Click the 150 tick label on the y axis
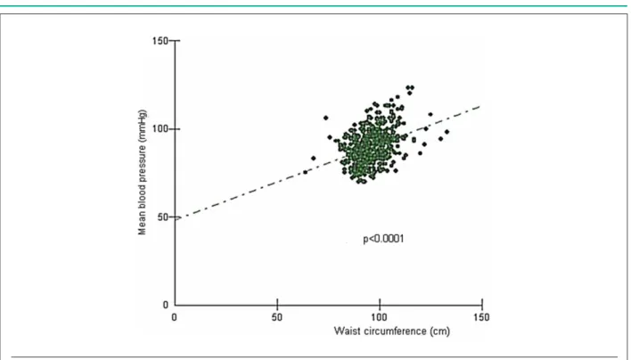click(x=160, y=41)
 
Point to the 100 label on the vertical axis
click(x=160, y=129)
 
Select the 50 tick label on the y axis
click(x=162, y=217)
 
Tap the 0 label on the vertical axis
click(x=166, y=305)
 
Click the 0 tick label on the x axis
click(x=175, y=317)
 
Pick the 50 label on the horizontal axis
click(x=277, y=317)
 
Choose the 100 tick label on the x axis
click(x=379, y=317)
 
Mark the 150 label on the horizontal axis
click(x=481, y=317)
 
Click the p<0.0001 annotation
click(x=383, y=239)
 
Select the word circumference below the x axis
click(x=394, y=331)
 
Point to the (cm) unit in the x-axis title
click(x=440, y=331)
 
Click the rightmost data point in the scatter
click(x=447, y=132)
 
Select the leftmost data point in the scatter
click(x=305, y=172)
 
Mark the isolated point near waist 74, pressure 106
click(x=326, y=118)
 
